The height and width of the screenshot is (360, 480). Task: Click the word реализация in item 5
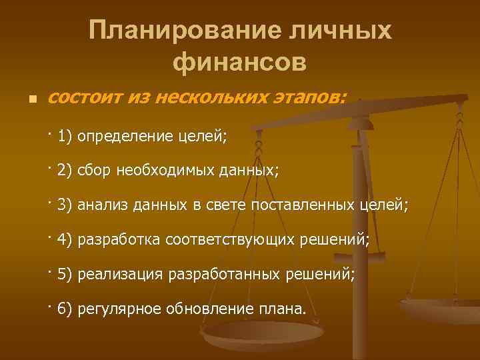click(x=120, y=273)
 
